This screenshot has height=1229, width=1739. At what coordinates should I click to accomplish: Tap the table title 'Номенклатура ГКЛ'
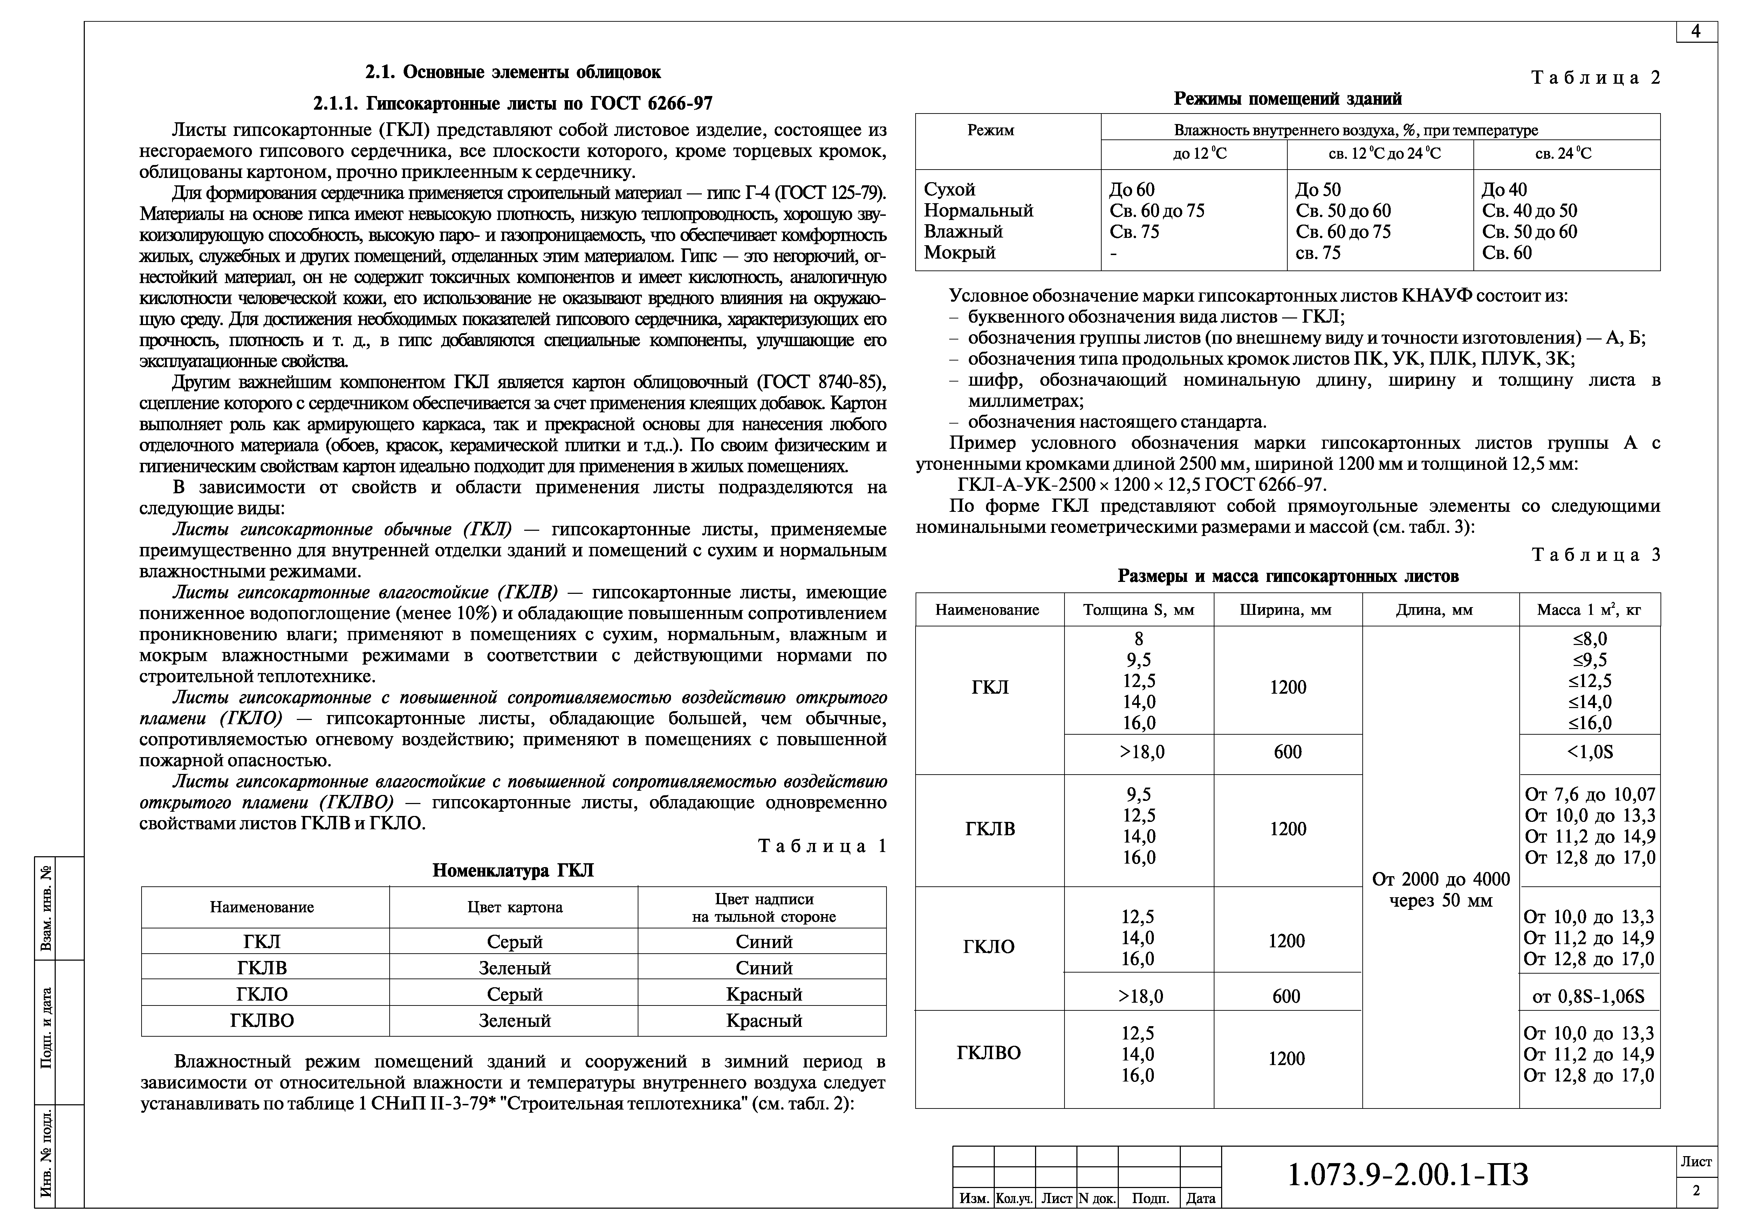[x=513, y=871]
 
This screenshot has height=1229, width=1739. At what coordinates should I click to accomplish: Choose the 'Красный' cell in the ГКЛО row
[x=764, y=994]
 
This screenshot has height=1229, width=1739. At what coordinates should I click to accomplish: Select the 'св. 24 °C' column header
[x=1563, y=154]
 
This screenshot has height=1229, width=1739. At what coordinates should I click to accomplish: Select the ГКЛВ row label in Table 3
[x=990, y=829]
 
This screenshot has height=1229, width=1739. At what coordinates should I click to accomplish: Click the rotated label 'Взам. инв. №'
[x=47, y=908]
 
